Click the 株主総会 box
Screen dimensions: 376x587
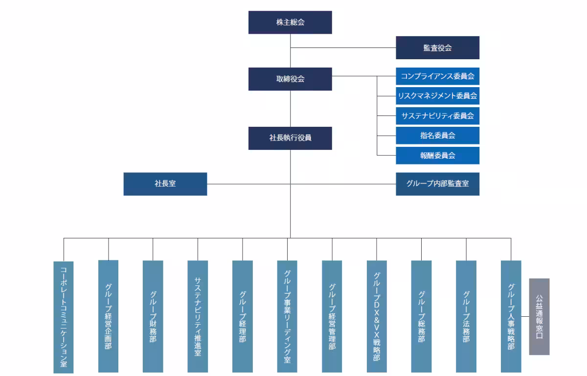[x=290, y=23]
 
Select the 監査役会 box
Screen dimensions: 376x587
[x=437, y=47]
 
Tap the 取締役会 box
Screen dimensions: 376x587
[x=290, y=79]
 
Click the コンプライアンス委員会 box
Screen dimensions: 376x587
[x=437, y=76]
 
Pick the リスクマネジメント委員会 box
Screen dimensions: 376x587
[x=437, y=96]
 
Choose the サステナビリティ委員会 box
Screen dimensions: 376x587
[x=437, y=116]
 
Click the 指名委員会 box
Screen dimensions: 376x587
[x=437, y=136]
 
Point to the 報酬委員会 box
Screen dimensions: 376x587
[x=437, y=156]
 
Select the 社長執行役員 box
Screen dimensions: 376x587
[x=290, y=138]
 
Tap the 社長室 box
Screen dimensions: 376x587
[x=165, y=184]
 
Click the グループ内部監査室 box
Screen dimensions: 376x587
[x=437, y=184]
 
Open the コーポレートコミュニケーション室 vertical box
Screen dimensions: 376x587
[x=64, y=317]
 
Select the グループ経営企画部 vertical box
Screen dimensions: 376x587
[x=108, y=316]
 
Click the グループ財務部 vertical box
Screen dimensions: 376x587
[x=153, y=316]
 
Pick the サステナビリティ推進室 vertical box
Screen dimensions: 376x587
[x=198, y=316]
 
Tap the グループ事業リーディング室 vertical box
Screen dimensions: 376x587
[x=287, y=316]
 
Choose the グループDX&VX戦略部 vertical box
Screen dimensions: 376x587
[x=377, y=316]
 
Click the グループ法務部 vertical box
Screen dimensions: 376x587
[x=466, y=316]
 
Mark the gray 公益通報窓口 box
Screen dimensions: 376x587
[x=539, y=317]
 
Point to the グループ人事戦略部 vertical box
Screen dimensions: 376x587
[x=511, y=316]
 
